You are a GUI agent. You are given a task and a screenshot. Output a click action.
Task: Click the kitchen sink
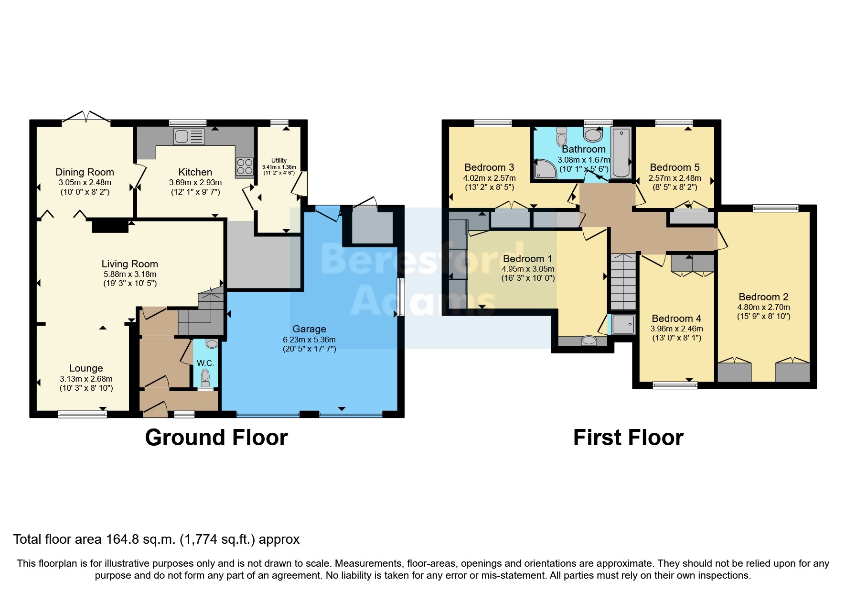point(189,137)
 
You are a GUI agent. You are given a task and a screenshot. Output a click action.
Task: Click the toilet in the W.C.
point(206,377)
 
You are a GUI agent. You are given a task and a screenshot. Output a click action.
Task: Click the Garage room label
point(309,329)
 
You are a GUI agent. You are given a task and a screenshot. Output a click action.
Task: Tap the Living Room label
point(129,264)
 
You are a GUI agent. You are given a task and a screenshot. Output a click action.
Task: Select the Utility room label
point(279,160)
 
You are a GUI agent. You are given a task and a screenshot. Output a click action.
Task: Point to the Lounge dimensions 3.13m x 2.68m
point(86,379)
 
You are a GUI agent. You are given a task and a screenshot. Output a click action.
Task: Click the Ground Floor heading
point(216,438)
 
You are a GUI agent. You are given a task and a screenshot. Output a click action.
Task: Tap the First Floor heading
point(628,438)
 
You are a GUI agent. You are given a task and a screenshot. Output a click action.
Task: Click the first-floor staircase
point(623,282)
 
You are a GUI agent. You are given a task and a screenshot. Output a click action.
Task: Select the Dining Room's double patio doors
point(86,117)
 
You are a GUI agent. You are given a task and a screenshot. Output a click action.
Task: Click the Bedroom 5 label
point(675,167)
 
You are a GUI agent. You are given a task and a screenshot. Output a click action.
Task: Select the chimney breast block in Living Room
point(110,226)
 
